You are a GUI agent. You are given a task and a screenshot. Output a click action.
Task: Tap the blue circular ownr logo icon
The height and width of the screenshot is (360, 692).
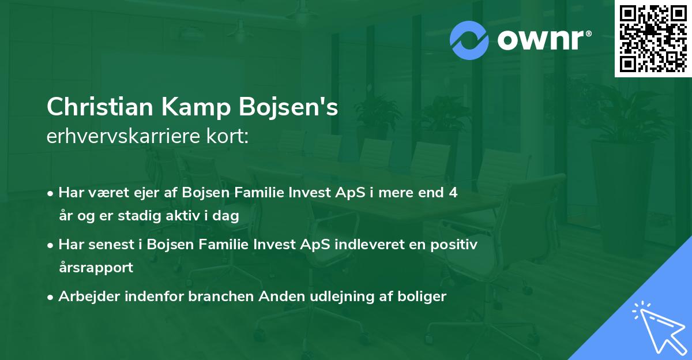pos(469,40)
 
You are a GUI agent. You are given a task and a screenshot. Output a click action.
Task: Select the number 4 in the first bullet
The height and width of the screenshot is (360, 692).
pos(453,193)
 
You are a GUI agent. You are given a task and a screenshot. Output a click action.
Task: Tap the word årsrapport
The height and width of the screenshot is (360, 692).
pos(95,267)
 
